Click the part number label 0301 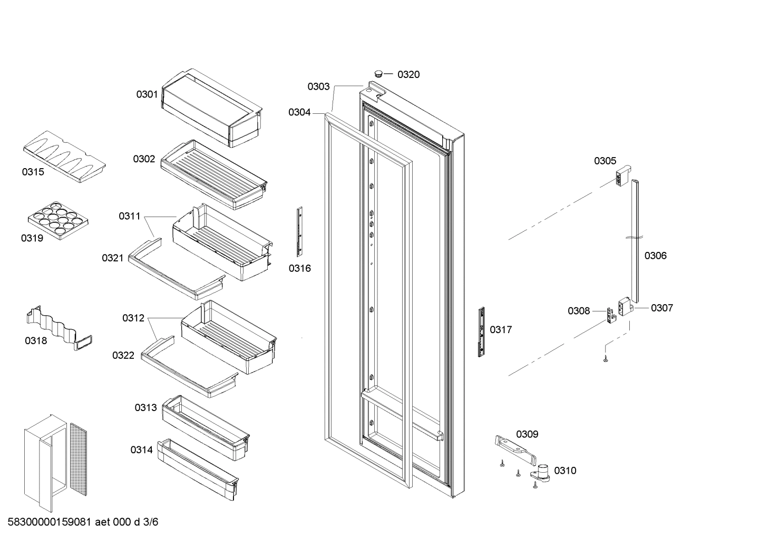point(147,94)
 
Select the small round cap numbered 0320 point(378,73)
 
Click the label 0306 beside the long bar point(655,256)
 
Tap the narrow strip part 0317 point(481,331)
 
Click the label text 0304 point(299,112)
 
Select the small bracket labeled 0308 point(611,316)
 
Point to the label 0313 point(145,407)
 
